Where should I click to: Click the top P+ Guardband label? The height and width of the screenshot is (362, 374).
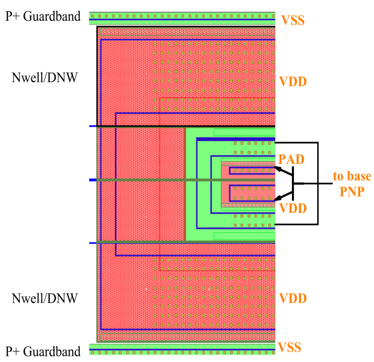click(43, 16)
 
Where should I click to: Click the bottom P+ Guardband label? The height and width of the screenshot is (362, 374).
click(43, 351)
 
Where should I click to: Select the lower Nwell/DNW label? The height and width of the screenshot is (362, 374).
click(45, 298)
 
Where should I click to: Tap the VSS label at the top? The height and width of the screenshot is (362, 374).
click(293, 20)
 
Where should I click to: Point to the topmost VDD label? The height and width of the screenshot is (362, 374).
click(293, 81)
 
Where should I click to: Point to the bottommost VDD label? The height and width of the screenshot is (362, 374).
click(293, 298)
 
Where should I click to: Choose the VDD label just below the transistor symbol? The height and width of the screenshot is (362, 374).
click(293, 209)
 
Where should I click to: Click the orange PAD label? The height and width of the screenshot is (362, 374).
click(291, 159)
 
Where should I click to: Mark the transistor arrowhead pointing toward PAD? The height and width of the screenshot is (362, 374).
click(278, 168)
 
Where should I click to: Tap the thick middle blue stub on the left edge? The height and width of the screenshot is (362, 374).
click(93, 180)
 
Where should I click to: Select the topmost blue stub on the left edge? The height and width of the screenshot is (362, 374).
click(93, 126)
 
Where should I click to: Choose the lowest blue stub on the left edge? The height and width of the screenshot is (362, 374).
click(93, 243)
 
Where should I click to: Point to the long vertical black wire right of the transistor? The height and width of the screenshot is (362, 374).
click(318, 183)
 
